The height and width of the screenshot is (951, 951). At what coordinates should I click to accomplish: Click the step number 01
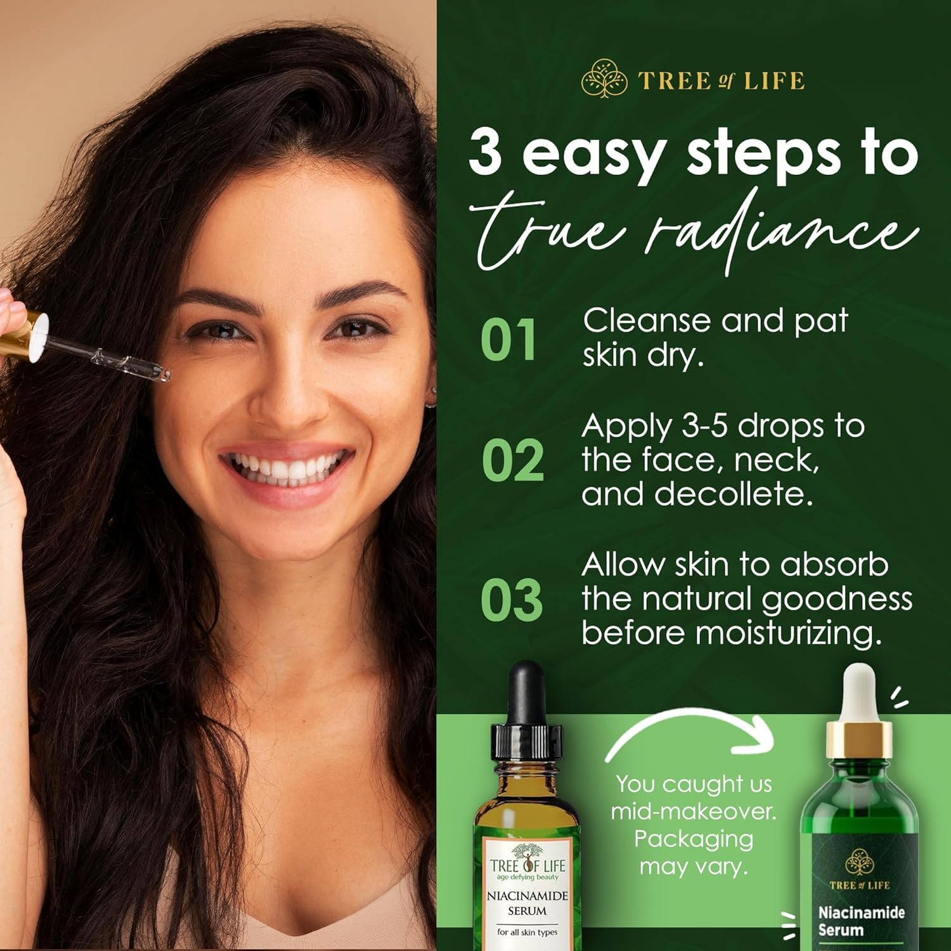click(x=508, y=340)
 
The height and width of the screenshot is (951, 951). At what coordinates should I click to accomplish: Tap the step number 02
click(x=512, y=461)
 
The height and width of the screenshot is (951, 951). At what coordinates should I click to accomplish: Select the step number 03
click(x=511, y=600)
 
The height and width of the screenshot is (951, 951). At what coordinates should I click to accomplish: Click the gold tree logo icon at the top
click(x=603, y=79)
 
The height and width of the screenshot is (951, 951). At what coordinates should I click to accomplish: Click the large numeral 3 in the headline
click(x=486, y=154)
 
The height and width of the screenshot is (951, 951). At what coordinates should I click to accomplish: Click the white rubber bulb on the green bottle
click(x=859, y=694)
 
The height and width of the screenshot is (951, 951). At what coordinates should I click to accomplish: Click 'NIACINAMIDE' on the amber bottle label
click(x=527, y=896)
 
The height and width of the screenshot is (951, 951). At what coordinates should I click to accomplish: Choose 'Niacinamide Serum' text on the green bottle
click(x=860, y=921)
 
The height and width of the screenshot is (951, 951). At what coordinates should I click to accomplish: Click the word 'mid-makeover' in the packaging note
click(x=694, y=812)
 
